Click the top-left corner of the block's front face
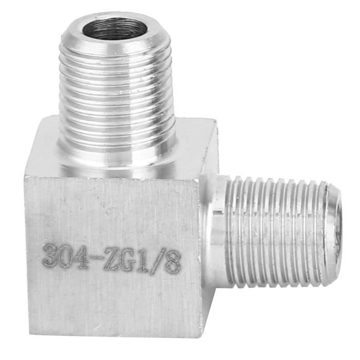click(25, 176)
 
